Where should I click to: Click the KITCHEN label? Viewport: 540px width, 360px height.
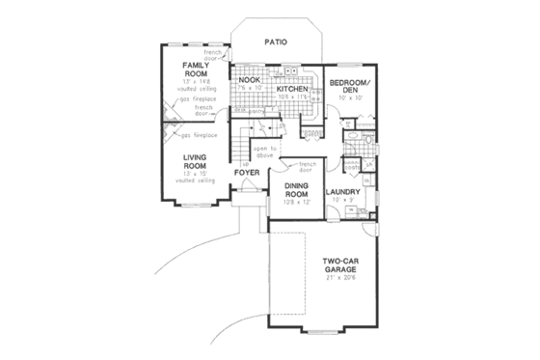[x=291, y=88]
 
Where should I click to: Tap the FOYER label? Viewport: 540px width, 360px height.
[x=245, y=175]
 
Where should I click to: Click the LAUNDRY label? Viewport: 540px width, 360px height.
[x=344, y=193]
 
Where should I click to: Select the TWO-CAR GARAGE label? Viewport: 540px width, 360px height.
[x=343, y=265]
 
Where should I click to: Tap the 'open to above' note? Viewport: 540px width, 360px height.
[x=264, y=151]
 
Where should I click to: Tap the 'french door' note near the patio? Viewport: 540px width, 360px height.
[x=241, y=53]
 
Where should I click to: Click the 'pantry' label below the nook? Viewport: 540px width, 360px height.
[x=257, y=112]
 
